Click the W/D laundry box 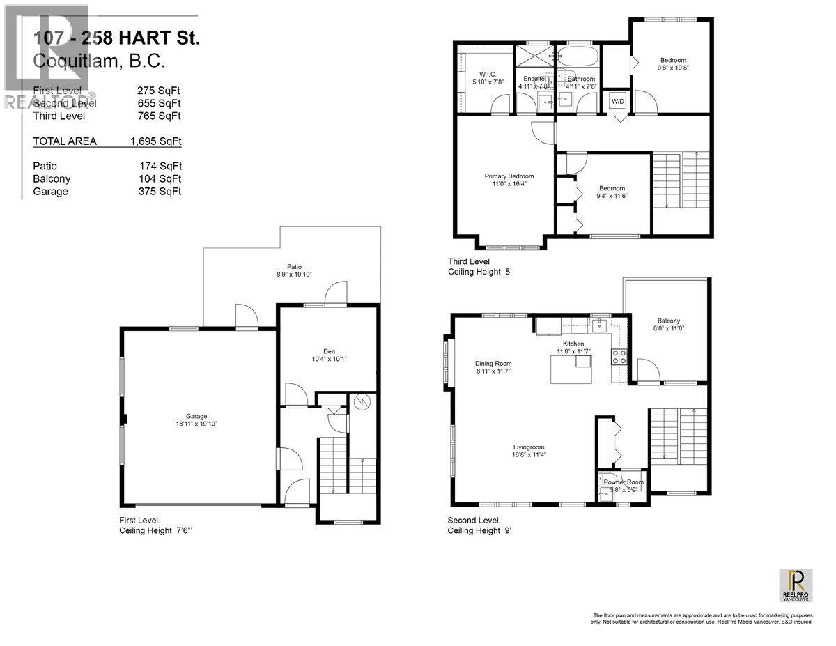(x=618, y=101)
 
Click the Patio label (x=295, y=266)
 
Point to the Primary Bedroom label (x=509, y=176)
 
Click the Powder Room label (x=624, y=482)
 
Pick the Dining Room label (x=493, y=363)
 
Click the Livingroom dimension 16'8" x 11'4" (x=529, y=456)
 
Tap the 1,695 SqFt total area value (x=155, y=141)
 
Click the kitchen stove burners (x=619, y=357)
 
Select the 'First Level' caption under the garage (x=138, y=521)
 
